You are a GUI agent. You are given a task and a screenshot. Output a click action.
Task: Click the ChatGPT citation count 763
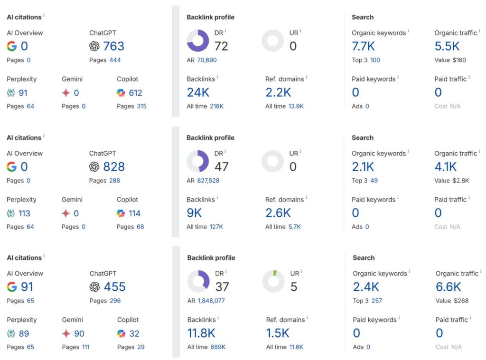point(113,46)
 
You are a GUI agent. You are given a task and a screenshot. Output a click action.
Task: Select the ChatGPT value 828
point(113,166)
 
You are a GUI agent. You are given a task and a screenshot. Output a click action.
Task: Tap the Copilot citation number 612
point(135,93)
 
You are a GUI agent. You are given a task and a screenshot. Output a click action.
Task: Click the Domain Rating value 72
point(221,46)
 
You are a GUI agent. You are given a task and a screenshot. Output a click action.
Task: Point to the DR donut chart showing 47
point(198,161)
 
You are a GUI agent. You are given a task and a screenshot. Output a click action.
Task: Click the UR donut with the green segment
point(273,281)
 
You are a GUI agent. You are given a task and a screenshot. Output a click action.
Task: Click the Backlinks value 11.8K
point(201,333)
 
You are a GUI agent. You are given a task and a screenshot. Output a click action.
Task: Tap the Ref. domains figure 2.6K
point(278,213)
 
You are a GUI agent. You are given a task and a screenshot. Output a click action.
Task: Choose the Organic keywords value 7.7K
point(363,46)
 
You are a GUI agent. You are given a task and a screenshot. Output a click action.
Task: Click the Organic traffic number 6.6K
point(448,287)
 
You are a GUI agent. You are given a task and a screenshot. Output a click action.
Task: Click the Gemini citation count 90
point(79,333)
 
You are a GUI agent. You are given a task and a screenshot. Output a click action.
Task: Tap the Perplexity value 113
point(24,213)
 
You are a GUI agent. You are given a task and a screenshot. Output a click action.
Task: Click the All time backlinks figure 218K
point(217,106)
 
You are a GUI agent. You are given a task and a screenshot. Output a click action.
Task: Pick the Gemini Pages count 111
point(85,347)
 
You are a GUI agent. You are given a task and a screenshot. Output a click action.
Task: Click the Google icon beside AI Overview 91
point(12,287)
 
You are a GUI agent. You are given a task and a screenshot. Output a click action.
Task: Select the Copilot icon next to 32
point(121,333)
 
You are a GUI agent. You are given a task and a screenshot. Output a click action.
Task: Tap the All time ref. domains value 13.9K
point(296,106)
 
